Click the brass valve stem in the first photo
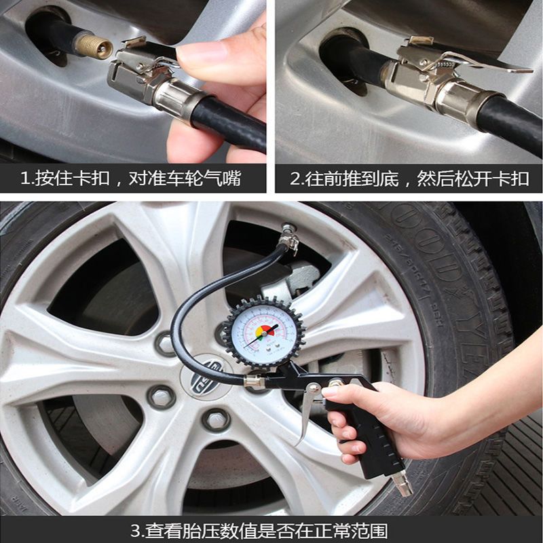(x=94, y=47)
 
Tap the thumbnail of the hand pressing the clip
(x=133, y=81)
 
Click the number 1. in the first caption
(x=27, y=179)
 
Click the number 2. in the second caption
(x=297, y=179)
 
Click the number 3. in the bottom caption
(x=137, y=531)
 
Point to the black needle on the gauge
(x=261, y=336)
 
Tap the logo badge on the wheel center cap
(x=207, y=377)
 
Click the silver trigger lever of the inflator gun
(x=307, y=412)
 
